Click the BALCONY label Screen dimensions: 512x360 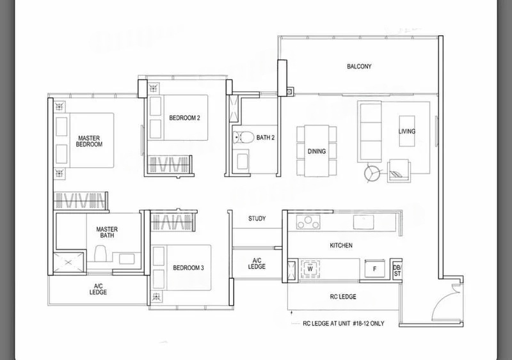[x=359, y=67]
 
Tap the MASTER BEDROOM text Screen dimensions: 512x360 [x=89, y=141]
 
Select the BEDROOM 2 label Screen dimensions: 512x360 [x=184, y=118]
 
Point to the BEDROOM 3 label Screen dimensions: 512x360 [x=188, y=268]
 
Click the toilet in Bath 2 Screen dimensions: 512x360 [x=244, y=137]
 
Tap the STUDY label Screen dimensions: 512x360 [x=257, y=218]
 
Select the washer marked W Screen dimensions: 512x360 [x=310, y=269]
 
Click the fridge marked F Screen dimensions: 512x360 [x=374, y=269]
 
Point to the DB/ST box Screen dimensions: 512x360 [x=397, y=270]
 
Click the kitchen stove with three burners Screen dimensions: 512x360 [x=308, y=222]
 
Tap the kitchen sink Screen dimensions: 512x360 [x=364, y=222]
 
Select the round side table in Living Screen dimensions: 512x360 [x=372, y=173]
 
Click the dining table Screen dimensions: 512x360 [x=316, y=151]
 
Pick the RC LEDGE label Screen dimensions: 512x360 [x=343, y=297]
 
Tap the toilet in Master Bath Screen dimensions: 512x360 [x=100, y=253]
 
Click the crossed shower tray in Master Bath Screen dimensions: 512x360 [x=68, y=262]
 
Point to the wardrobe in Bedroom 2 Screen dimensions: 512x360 [x=169, y=164]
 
